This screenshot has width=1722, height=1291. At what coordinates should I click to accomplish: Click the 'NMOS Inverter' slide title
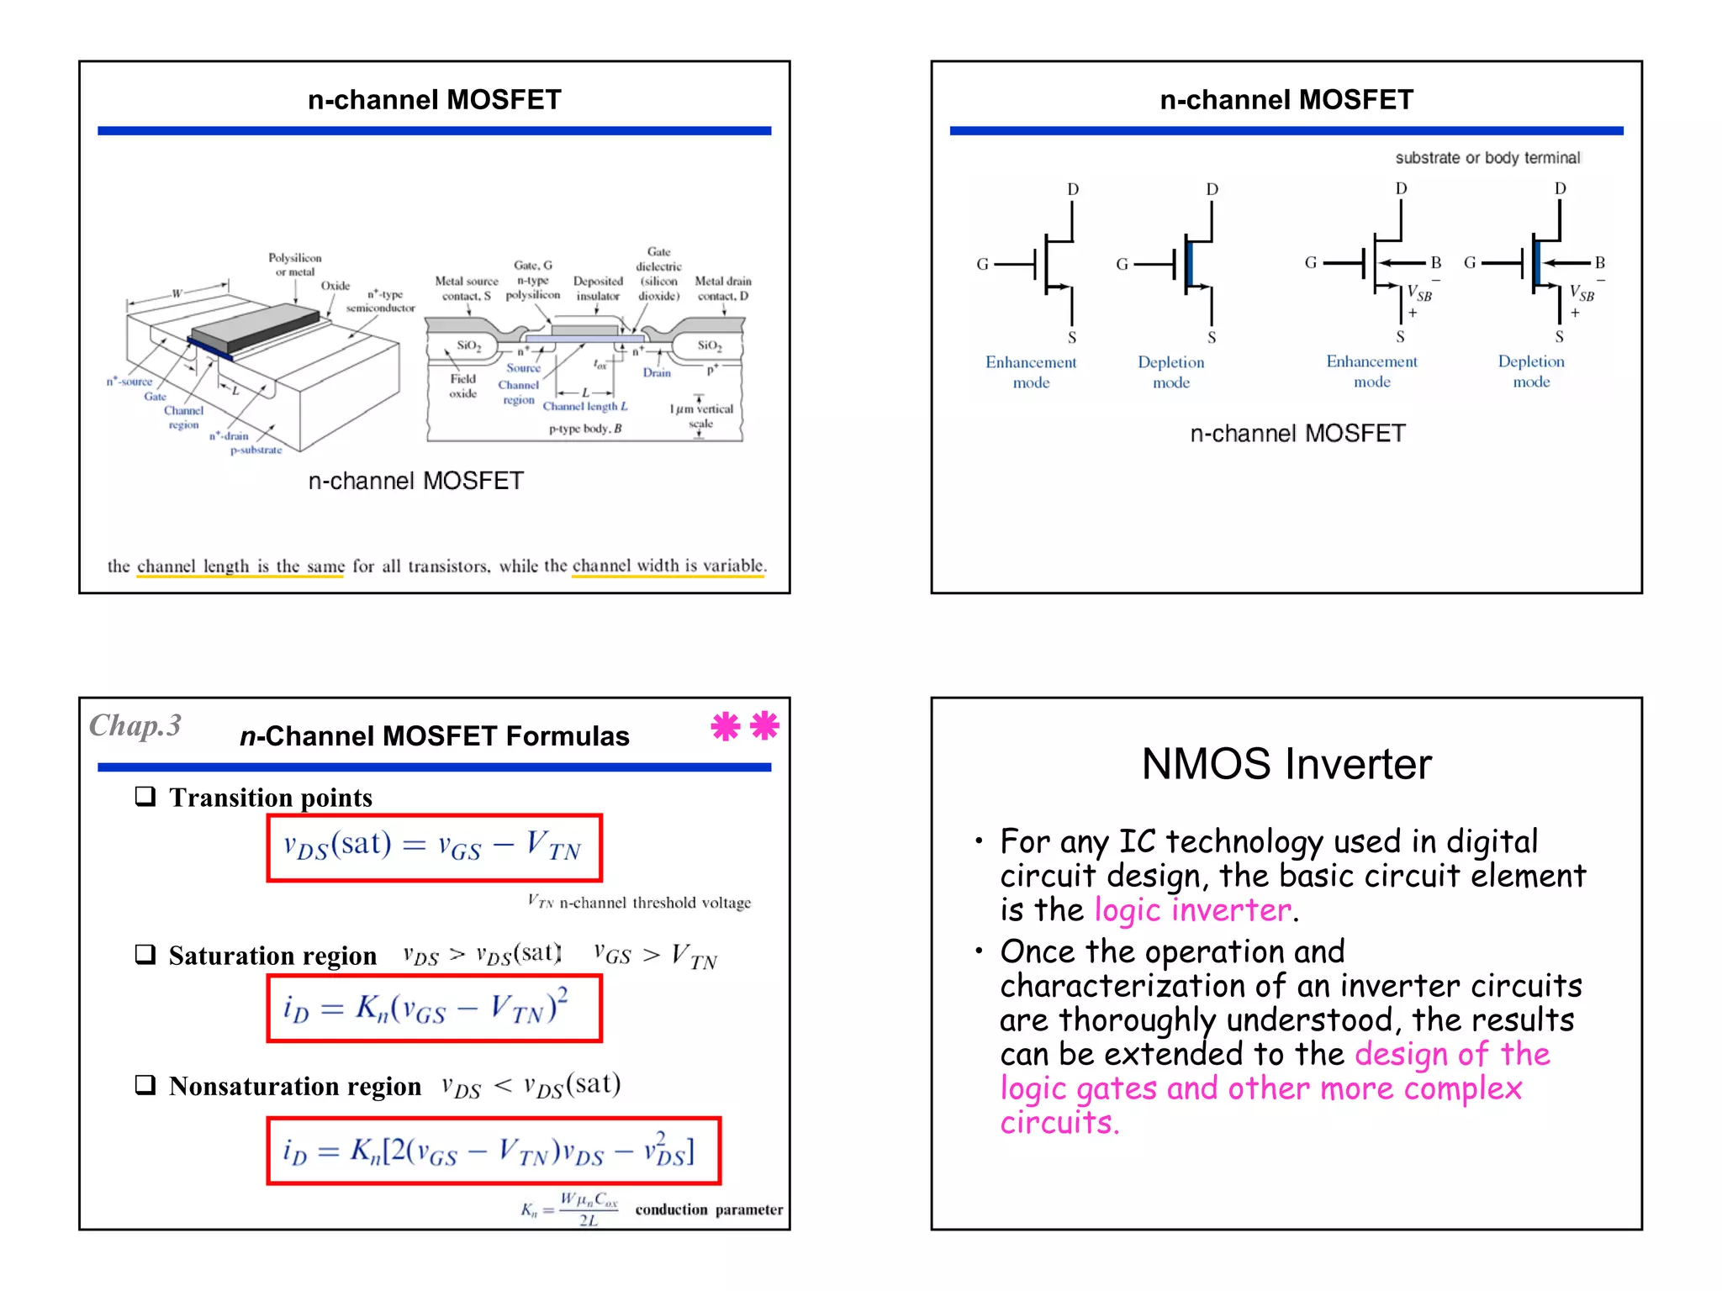(x=1286, y=765)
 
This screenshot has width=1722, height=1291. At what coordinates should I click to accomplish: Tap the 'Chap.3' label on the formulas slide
(x=135, y=725)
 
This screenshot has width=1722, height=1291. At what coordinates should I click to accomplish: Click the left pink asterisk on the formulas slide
(x=725, y=726)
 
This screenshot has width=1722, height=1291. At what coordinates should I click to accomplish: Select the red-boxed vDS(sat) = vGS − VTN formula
(x=434, y=847)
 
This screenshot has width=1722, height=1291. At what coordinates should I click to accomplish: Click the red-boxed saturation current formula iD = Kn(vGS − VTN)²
(x=434, y=1008)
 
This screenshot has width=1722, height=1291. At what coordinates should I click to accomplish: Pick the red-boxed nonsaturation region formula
(x=494, y=1151)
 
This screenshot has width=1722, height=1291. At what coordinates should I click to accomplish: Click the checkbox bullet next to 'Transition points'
(x=146, y=796)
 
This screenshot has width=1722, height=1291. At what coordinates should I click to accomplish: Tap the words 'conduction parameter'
(x=708, y=1209)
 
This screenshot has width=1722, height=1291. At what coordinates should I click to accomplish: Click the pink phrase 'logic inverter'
(x=1192, y=910)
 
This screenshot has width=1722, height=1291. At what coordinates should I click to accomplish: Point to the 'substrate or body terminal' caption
(x=1487, y=158)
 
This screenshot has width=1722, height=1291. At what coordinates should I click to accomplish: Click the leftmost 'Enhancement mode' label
(x=1031, y=372)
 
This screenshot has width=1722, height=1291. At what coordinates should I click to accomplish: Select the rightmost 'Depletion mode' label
(x=1530, y=371)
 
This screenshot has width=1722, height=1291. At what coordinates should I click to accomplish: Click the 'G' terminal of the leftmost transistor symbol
(x=982, y=264)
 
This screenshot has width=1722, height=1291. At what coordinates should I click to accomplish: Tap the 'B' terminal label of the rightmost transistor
(x=1599, y=263)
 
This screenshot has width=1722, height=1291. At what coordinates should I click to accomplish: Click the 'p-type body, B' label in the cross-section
(x=585, y=429)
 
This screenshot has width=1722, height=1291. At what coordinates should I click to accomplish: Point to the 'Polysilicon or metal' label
(x=294, y=265)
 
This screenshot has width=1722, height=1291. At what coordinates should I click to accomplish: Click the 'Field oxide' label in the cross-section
(x=462, y=387)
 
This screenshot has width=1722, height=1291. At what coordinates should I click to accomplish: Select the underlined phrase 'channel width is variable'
(x=668, y=566)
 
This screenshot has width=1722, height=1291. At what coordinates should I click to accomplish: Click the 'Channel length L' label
(x=585, y=406)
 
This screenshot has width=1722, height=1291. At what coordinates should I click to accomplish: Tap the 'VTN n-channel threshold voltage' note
(x=639, y=903)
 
